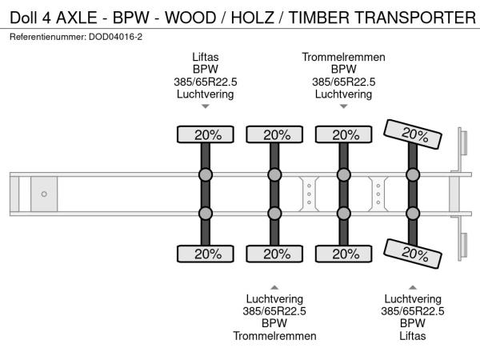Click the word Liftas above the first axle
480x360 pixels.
tap(205, 58)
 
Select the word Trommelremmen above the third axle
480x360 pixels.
tap(343, 58)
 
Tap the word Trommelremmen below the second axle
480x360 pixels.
tap(274, 336)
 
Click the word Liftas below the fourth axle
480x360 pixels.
tap(412, 336)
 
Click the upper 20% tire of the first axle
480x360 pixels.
tap(205, 134)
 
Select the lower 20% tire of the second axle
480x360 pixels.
tap(274, 254)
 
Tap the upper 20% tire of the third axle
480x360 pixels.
tap(343, 134)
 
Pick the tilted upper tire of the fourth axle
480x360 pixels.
tap(412, 134)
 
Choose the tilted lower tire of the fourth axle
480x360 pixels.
tap(412, 254)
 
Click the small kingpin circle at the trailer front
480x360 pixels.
tap(44, 194)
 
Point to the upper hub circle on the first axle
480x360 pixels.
tap(205, 175)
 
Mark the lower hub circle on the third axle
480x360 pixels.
tap(343, 213)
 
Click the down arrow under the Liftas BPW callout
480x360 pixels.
tap(205, 106)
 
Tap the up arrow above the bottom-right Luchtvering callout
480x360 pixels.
tap(412, 287)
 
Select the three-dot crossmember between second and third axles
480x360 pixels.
tap(309, 194)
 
